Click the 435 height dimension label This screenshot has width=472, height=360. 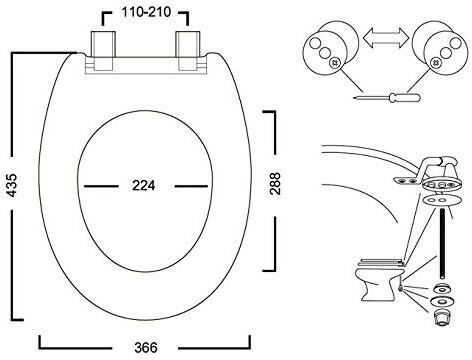coord(12,185)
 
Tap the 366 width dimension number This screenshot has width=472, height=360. coord(146,348)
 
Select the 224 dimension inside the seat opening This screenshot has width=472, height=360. coord(144,185)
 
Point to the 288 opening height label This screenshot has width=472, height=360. coord(275,184)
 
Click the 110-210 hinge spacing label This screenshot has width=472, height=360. coord(146,12)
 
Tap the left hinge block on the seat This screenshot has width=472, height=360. coord(103,51)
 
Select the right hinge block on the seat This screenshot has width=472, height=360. coord(188,51)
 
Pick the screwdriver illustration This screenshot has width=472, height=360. coord(387,98)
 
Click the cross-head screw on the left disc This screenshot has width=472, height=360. coord(334,62)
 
